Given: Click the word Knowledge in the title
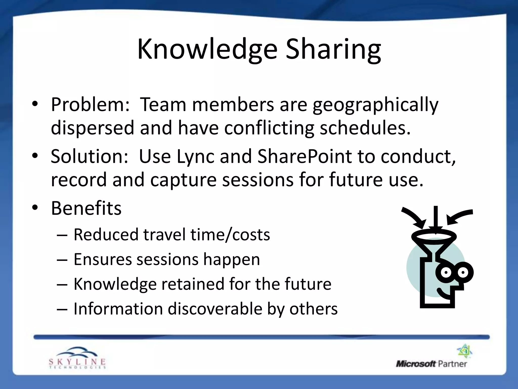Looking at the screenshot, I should click(x=207, y=49).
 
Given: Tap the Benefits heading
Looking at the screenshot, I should click(x=86, y=208).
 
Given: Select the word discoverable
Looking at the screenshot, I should click(x=215, y=309).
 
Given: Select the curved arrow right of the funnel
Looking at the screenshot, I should click(x=459, y=217).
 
